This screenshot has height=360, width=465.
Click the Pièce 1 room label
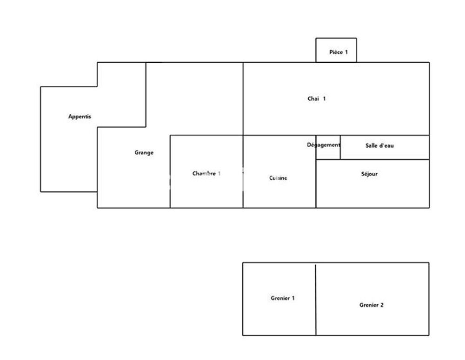coord(339,52)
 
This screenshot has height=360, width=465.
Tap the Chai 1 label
coord(316,98)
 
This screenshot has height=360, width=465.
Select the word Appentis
coord(80,117)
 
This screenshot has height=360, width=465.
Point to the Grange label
coord(144,152)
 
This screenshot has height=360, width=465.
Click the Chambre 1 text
coord(206,173)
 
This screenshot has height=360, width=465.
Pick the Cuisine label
coord(278,178)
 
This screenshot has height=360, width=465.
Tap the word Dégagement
coord(324,145)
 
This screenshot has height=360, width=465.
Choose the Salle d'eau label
coord(379,145)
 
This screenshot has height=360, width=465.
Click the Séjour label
coord(369,174)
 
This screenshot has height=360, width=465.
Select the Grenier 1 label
coord(283,298)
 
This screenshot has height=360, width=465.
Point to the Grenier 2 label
coord(371,305)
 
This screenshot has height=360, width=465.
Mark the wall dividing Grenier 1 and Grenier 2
coord(316,300)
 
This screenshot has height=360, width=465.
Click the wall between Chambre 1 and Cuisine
coord(243,171)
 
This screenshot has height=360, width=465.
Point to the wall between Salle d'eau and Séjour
coord(385,159)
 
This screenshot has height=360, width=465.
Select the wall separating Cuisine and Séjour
coord(316,183)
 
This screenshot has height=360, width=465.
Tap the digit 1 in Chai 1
coord(324,98)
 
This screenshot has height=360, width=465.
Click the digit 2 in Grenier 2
coord(382,305)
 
